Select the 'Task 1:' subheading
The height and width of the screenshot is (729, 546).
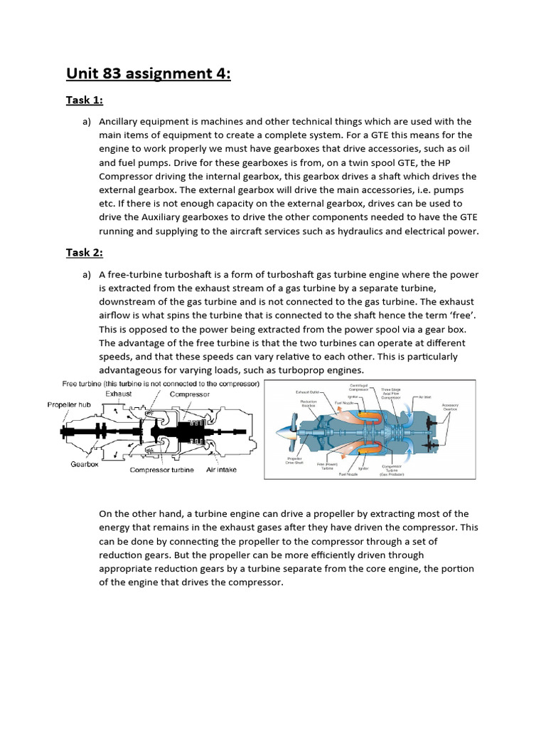(x=85, y=100)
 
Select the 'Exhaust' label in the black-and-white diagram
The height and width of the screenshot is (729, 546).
(x=119, y=393)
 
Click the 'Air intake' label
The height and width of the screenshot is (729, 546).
(x=222, y=470)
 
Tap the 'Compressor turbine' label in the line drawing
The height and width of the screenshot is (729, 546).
(x=161, y=470)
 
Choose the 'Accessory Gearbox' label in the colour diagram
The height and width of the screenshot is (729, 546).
(x=451, y=407)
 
